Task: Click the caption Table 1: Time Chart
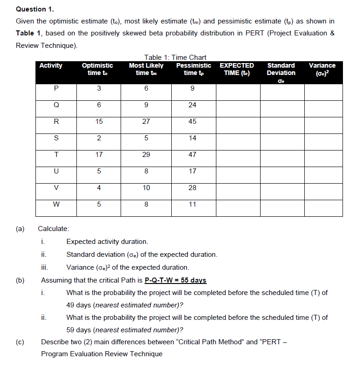(175, 57)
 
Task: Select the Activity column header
(51, 65)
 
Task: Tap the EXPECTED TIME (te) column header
(237, 69)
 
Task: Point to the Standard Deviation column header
(281, 69)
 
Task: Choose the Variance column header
(322, 69)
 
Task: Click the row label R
(56, 122)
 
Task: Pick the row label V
(56, 188)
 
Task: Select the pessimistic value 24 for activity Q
(192, 105)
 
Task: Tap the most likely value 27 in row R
(146, 122)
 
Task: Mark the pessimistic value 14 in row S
(192, 138)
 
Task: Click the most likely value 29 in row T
(146, 155)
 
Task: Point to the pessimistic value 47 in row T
(192, 155)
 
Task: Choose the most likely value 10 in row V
(146, 188)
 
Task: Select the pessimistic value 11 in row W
(192, 204)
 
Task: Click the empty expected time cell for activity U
(238, 171)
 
